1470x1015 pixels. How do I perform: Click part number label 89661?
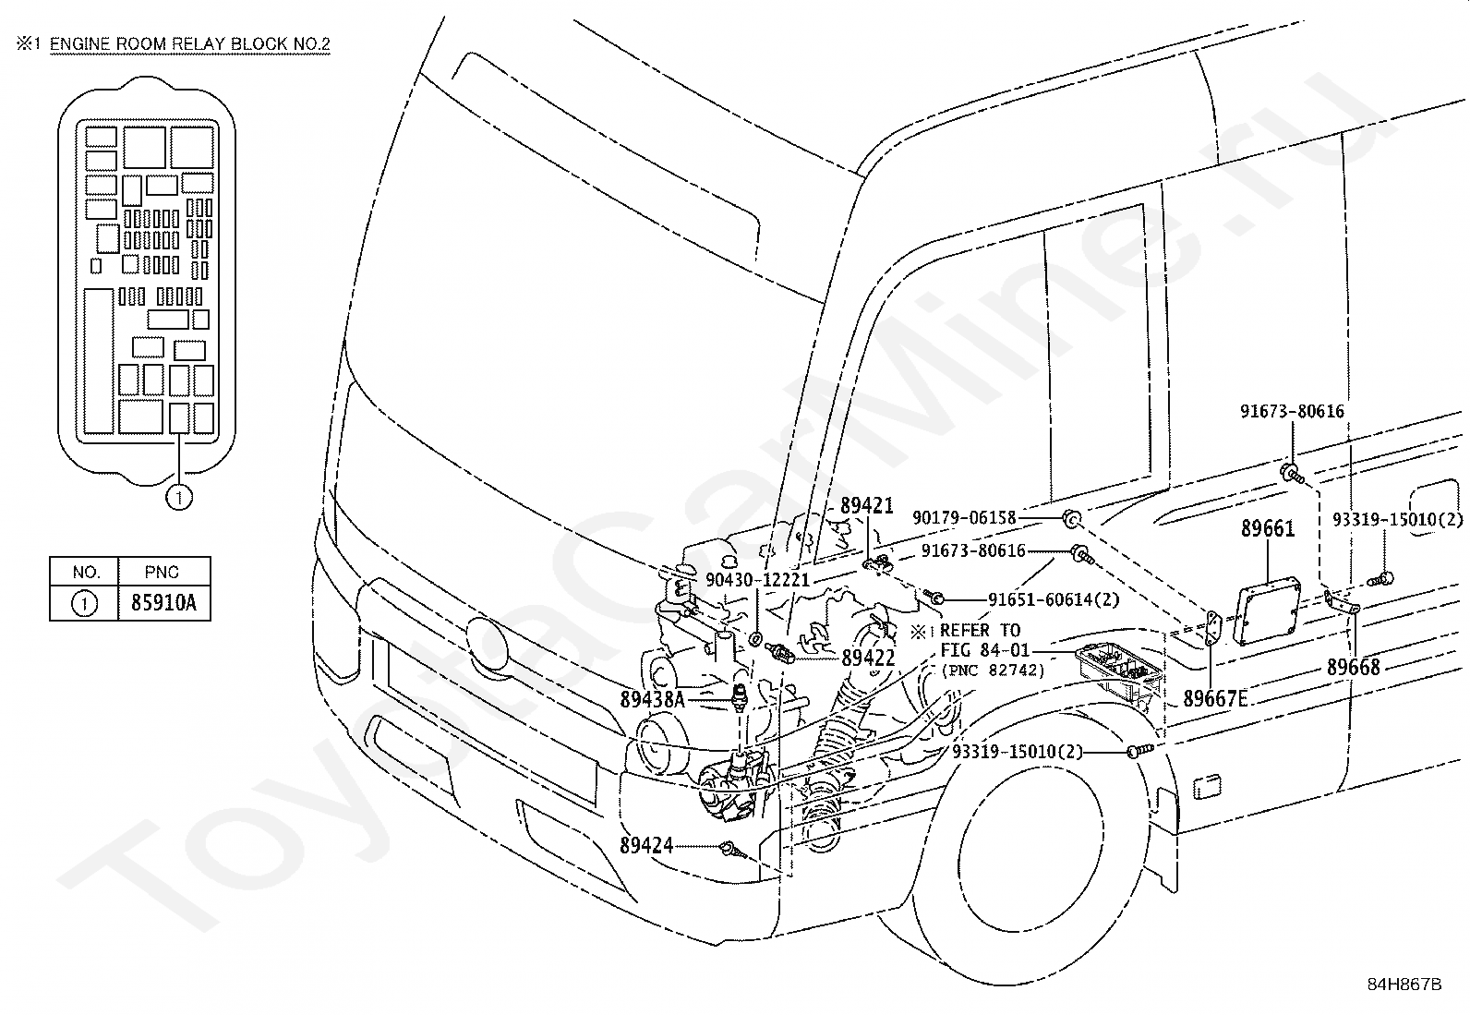[1267, 529]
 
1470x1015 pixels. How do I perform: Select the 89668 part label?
[1353, 667]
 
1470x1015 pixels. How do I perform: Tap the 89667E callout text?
[1215, 699]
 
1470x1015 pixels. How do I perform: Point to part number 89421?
[866, 505]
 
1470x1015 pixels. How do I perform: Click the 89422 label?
[868, 658]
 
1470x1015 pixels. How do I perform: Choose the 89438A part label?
[652, 700]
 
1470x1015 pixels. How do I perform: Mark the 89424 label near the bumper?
[646, 845]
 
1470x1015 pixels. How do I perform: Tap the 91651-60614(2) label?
[1054, 599]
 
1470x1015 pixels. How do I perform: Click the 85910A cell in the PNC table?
[163, 604]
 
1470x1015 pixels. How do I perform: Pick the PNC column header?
[163, 572]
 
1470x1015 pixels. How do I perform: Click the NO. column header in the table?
[84, 572]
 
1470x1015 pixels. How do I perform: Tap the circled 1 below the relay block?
[178, 498]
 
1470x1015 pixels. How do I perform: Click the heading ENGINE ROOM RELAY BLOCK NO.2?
[189, 43]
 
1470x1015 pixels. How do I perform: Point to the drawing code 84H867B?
[1404, 984]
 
